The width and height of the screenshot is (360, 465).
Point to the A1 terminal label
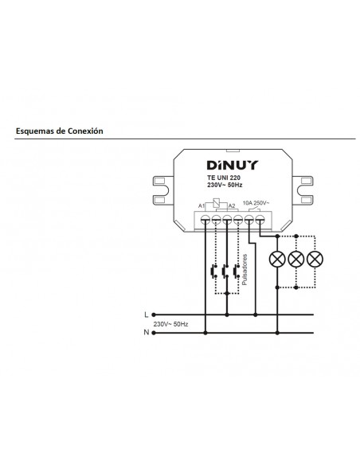click(202, 206)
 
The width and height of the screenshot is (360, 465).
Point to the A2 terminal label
click(232, 206)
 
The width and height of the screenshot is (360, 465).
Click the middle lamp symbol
click(296, 259)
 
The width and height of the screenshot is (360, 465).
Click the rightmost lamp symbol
click(315, 259)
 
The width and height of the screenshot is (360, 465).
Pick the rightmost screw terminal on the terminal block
click(260, 216)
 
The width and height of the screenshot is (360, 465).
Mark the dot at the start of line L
click(155, 315)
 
